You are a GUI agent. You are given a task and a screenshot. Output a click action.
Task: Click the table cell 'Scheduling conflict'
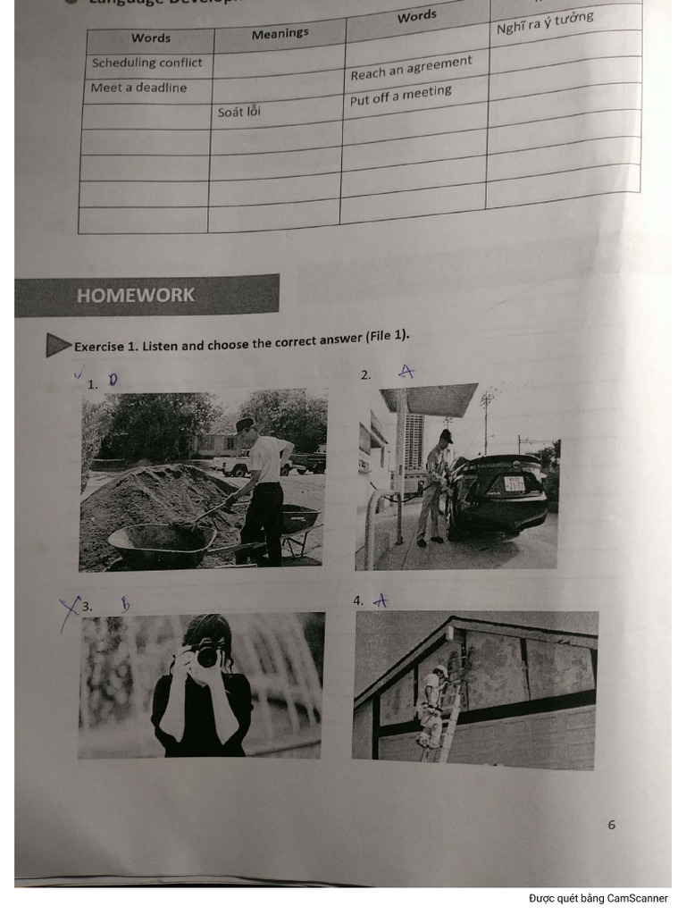pos(147,63)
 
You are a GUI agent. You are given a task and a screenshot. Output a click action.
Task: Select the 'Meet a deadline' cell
pos(139,88)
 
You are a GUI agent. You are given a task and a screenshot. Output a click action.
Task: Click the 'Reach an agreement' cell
pos(411,68)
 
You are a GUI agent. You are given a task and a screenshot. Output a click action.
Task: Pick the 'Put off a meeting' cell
pos(401,96)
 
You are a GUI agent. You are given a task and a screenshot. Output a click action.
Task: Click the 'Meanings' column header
pos(280,34)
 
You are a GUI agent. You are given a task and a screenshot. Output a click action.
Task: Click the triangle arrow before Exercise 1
pos(57,345)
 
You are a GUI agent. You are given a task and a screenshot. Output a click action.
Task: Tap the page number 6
pos(612,825)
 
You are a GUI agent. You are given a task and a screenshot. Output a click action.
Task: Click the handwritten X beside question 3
pos(69,612)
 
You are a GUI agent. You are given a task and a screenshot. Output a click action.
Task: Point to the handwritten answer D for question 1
pos(113,380)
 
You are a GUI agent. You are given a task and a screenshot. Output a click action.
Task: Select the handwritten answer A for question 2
pos(406,371)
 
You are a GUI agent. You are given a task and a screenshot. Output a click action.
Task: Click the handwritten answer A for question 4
pos(381,601)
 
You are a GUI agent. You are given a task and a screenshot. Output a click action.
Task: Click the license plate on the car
pos(514,483)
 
